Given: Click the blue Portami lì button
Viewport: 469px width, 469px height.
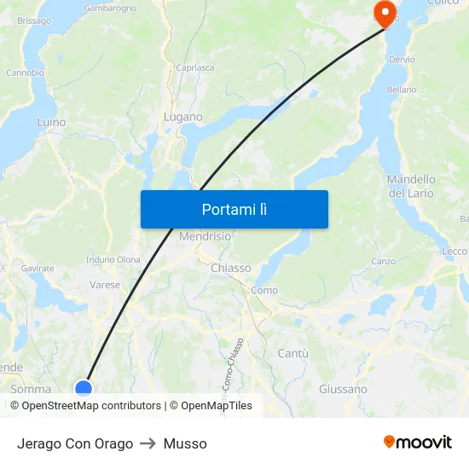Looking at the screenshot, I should point(234,209).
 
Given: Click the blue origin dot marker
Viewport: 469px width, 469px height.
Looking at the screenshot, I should point(84,389).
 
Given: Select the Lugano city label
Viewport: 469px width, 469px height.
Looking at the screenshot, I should point(183,117).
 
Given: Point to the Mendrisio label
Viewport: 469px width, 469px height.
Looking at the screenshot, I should point(206,236).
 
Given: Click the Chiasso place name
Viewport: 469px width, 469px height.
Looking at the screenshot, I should point(230,268).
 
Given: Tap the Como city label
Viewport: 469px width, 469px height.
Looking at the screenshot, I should point(264,290).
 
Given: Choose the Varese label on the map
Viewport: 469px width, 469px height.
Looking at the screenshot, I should point(105,285).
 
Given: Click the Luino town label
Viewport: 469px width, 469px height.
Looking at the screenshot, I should point(51,122).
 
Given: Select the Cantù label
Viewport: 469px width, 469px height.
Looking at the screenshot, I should point(292,353).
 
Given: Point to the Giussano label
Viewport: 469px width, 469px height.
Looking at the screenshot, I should point(343,389).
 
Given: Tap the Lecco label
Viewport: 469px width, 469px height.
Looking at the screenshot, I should point(454,252).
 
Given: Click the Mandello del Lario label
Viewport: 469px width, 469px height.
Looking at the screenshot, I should point(411,186).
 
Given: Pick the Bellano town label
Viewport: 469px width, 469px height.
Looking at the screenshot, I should point(402,90).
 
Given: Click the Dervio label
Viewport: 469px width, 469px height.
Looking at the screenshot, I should point(401,60).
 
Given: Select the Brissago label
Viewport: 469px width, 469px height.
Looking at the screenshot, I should point(34,20).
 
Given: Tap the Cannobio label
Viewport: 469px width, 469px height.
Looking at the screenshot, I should point(25,72).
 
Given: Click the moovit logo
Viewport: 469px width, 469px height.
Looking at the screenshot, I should point(417,442).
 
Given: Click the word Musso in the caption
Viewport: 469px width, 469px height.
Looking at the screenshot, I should point(185,443).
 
